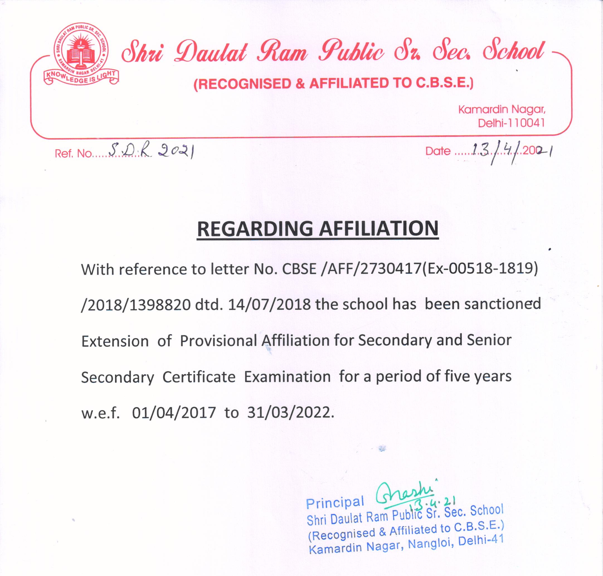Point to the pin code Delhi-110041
click(x=511, y=123)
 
